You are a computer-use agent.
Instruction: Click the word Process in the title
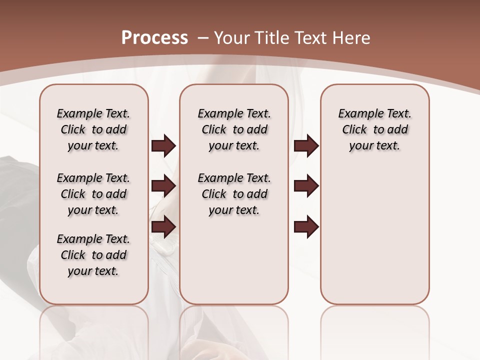point(154,38)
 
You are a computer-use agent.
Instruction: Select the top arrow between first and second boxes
point(163,146)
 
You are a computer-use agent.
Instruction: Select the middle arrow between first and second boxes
point(163,186)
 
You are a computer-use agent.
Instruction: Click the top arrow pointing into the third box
point(306,146)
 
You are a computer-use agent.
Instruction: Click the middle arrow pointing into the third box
point(306,186)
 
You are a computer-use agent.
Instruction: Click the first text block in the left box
point(93,129)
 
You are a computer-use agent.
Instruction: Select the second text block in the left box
point(93,194)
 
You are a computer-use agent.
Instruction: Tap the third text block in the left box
point(93,255)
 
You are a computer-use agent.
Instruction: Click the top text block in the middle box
point(234,129)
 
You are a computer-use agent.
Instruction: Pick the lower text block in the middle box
point(234,194)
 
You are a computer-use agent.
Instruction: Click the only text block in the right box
point(374,129)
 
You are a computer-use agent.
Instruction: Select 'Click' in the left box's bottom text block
point(73,255)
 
